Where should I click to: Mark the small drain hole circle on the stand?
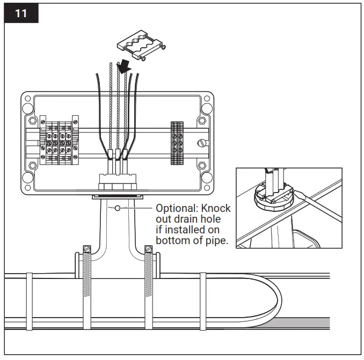click(117, 208)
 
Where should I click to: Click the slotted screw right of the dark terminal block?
click(201, 143)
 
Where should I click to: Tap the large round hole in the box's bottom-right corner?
click(207, 180)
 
